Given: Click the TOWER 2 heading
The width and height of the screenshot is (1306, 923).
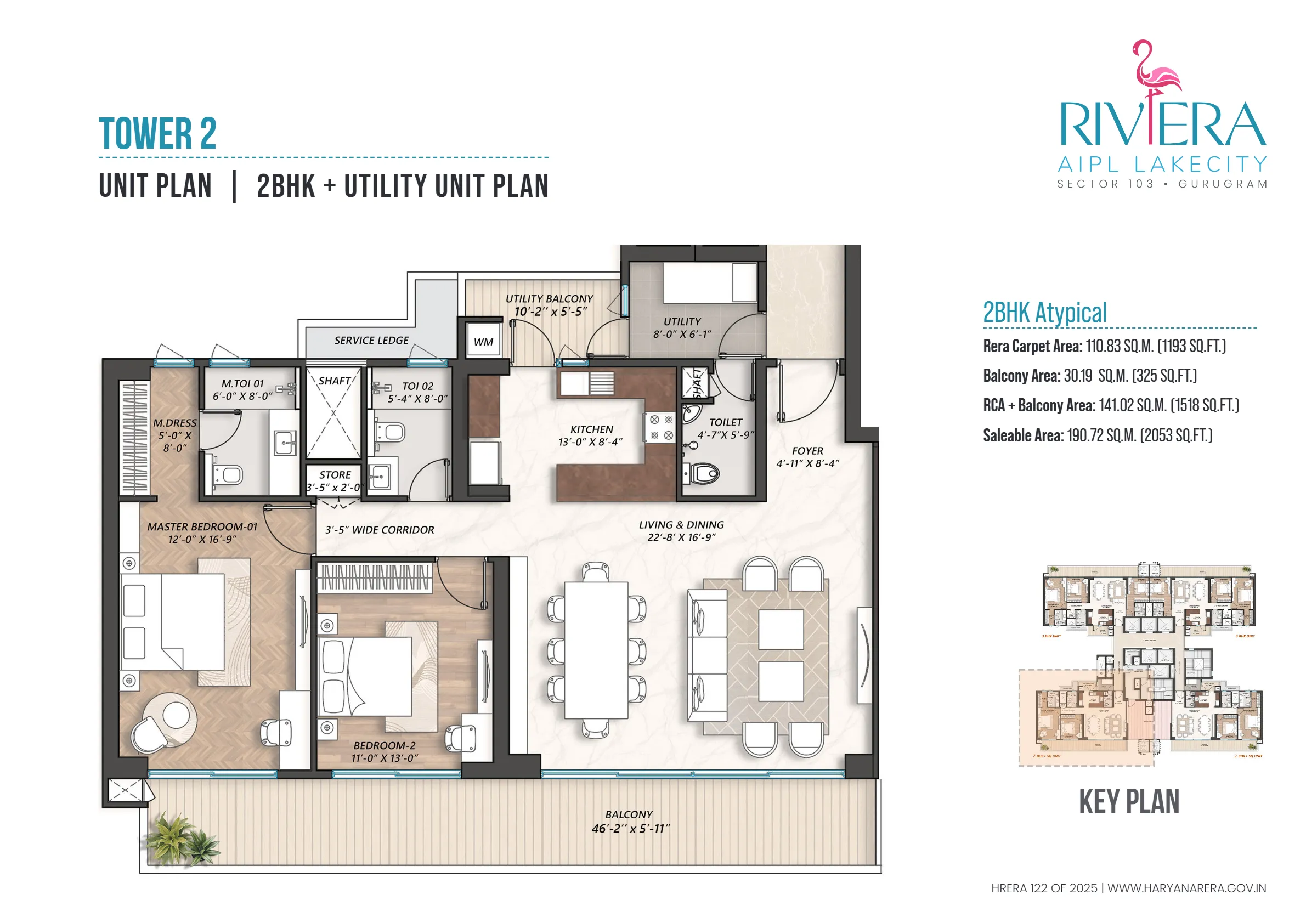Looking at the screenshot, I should click(157, 134).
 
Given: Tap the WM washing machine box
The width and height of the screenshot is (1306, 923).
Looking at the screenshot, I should click(483, 342).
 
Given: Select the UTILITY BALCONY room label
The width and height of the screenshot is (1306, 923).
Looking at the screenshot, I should click(549, 299).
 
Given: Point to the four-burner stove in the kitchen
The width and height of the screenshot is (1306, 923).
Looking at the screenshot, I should click(660, 427).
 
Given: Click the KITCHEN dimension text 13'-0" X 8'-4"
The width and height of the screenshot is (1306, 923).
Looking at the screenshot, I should click(590, 442).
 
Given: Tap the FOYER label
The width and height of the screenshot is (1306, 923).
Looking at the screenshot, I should click(807, 451).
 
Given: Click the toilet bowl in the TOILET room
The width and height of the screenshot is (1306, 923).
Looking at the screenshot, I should click(704, 473).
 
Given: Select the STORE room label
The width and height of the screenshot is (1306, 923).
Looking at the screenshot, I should click(335, 475).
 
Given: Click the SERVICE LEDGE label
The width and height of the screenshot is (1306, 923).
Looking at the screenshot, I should click(371, 341).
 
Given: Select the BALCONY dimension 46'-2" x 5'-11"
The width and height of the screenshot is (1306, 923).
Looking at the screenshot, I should click(630, 829).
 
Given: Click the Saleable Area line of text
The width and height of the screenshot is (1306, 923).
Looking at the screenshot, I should click(1097, 435).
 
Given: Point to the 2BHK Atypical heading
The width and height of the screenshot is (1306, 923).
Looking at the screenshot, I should click(1044, 313).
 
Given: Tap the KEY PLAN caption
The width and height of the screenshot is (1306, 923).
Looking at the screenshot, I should click(1128, 802).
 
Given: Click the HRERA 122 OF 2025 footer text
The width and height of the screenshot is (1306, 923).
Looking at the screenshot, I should click(1044, 888).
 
